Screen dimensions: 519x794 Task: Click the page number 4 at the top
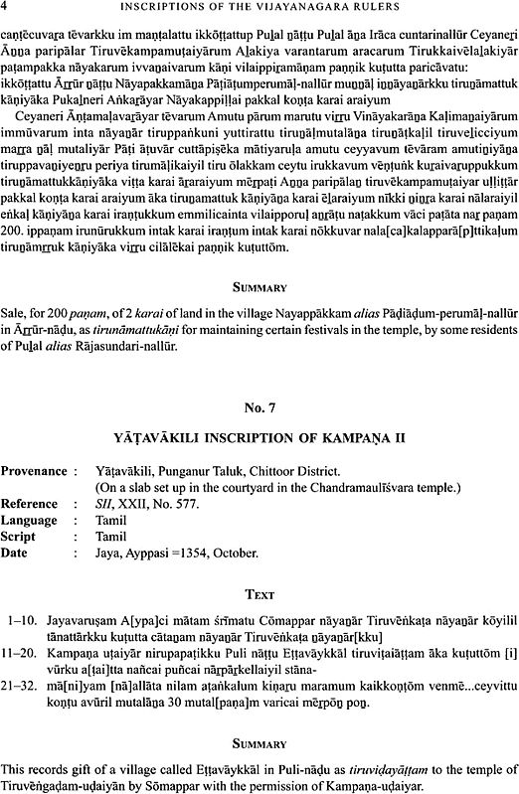pos(6,11)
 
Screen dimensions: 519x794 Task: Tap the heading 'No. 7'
pos(259,378)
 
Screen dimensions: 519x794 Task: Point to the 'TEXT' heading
pos(259,566)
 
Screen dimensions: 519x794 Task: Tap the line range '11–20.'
pos(24,630)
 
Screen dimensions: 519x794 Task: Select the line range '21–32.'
pos(24,666)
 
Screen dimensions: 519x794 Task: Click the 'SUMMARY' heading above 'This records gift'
pos(259,741)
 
